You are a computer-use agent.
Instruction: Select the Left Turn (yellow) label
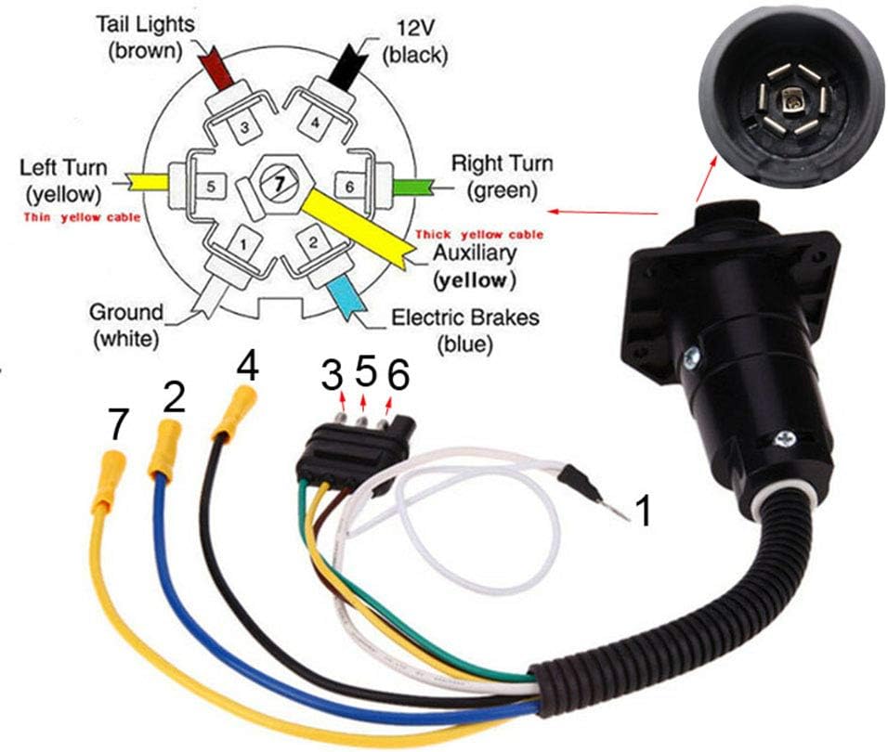pyautogui.click(x=63, y=181)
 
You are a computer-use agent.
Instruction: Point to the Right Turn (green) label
pyautogui.click(x=502, y=177)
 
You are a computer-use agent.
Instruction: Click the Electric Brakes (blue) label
pyautogui.click(x=464, y=330)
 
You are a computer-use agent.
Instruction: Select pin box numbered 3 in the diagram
pyautogui.click(x=244, y=127)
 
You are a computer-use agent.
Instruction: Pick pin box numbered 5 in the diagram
pyautogui.click(x=211, y=186)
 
